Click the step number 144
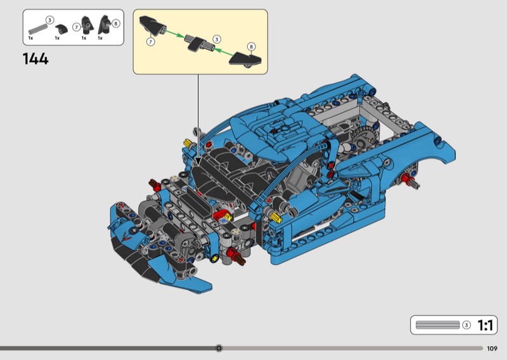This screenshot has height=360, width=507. coord(35,59)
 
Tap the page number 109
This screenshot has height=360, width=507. coord(492,349)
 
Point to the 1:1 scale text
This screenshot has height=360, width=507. coord(485,325)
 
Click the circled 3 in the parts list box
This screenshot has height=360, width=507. coord(49,20)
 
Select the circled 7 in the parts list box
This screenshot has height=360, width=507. coord(76,27)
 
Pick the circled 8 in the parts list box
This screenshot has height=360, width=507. coord(116,23)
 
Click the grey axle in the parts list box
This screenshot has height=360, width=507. coord(38,29)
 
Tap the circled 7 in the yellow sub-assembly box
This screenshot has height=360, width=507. coord(150,42)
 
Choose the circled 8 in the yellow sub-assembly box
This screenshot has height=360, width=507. coord(251,46)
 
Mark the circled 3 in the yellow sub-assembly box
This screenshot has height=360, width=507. coord(217,39)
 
